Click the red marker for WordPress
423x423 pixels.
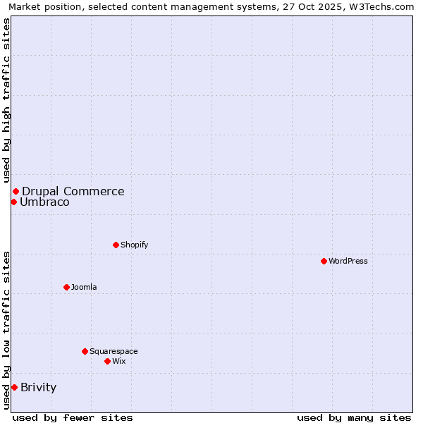coord(324,261)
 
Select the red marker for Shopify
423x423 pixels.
coord(116,245)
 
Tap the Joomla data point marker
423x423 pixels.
coord(66,287)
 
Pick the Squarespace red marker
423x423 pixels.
coord(85,351)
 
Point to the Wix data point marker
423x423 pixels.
coord(107,361)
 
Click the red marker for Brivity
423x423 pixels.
coord(14,387)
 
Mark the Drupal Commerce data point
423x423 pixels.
coord(16,191)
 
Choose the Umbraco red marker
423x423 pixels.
coord(13,202)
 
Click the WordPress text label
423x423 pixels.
coord(348,261)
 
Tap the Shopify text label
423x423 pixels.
coord(135,245)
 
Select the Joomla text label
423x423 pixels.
coord(84,287)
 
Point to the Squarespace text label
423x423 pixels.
coord(114,351)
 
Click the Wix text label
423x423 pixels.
coord(119,361)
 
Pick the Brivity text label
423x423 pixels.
coord(39,387)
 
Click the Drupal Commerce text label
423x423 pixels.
coord(73,191)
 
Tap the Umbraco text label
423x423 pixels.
coord(44,202)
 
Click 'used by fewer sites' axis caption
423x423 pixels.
coord(73,417)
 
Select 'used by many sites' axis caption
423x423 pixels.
coord(354,417)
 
